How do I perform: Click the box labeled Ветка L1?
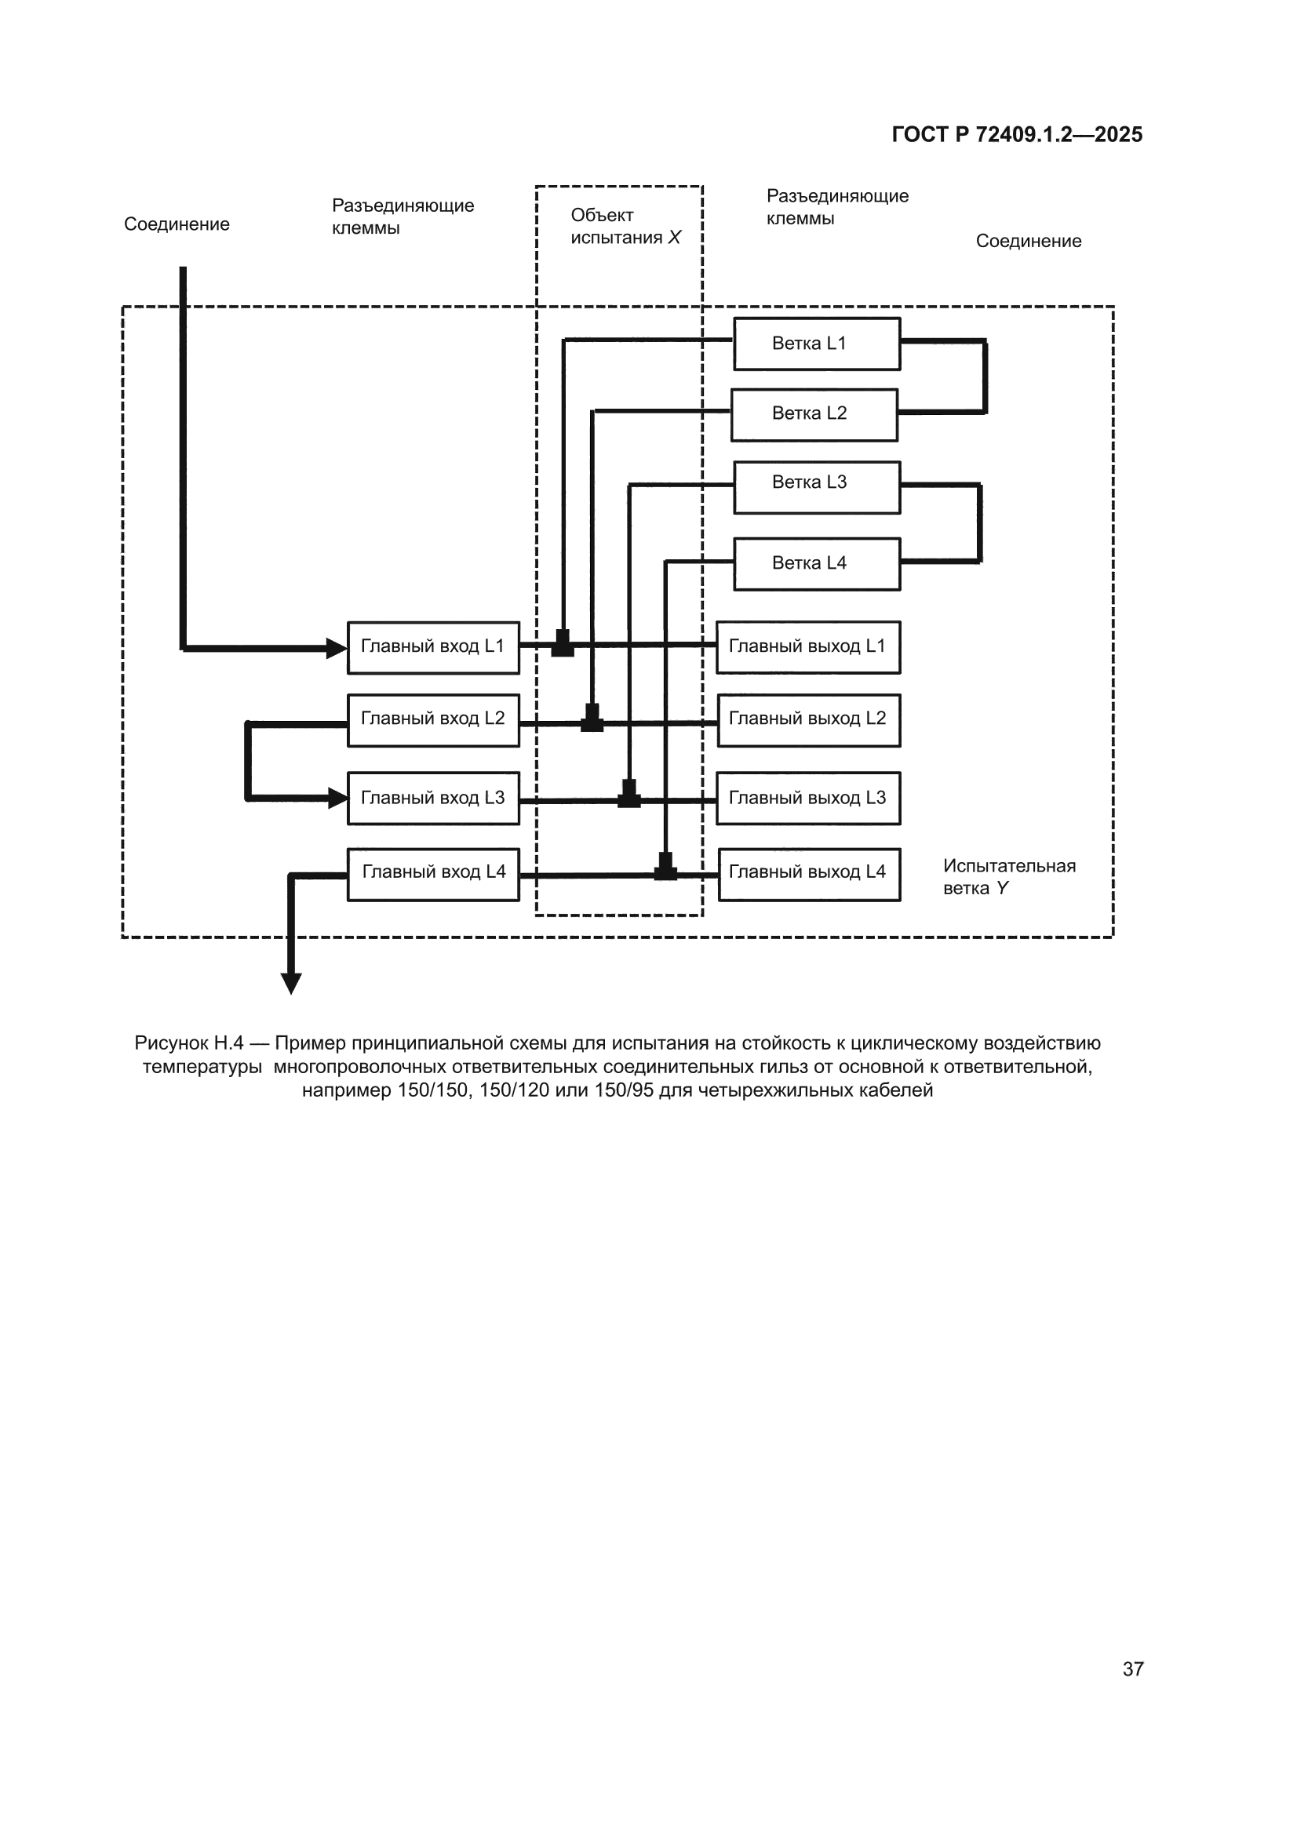pos(817,344)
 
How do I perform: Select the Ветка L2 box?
pos(814,414)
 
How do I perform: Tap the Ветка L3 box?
pos(817,487)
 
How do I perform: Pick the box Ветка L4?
pos(817,564)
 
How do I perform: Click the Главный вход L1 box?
pos(433,648)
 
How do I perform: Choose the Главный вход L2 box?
pos(433,720)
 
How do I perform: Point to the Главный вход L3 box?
pos(433,798)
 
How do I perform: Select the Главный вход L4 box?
pos(433,875)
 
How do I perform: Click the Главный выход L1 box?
pos(808,647)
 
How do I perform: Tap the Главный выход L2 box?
pos(809,720)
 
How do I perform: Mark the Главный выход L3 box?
pos(808,798)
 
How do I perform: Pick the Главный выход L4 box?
pos(809,875)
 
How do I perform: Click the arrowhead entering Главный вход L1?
pos(337,648)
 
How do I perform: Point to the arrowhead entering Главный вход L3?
pos(337,797)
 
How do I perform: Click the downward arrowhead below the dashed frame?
pos(292,984)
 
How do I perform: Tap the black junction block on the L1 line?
pos(563,643)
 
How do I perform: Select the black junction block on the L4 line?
pos(665,867)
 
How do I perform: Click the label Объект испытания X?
pos(625,226)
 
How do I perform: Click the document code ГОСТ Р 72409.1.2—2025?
pos(1018,134)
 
